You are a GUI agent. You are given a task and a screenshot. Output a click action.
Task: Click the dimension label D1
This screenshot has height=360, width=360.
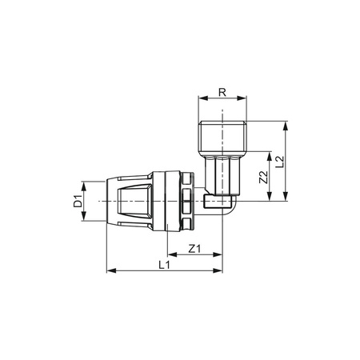pyautogui.click(x=78, y=201)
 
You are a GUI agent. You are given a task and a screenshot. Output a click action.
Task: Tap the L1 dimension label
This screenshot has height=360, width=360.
pyautogui.click(x=165, y=263)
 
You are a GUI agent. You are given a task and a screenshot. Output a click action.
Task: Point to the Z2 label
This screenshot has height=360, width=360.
pyautogui.click(x=262, y=177)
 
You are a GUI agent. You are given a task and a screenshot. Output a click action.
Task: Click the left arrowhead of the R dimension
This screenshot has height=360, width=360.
pyautogui.click(x=199, y=100)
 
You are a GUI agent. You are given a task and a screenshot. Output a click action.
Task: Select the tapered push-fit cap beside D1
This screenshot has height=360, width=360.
pyautogui.click(x=128, y=201)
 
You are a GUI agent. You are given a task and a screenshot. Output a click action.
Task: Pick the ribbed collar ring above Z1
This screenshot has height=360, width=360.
pyautogui.click(x=186, y=201)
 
